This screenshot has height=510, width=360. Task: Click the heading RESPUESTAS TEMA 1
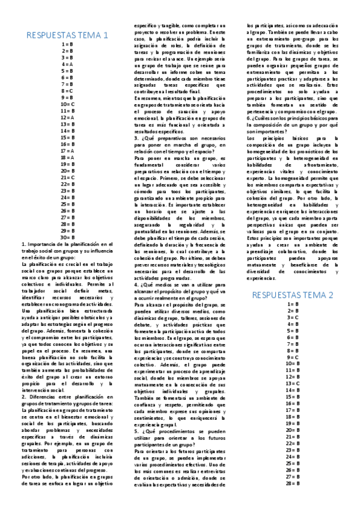coord(67,35)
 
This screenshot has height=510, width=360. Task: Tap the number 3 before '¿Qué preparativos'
coord(135,138)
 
